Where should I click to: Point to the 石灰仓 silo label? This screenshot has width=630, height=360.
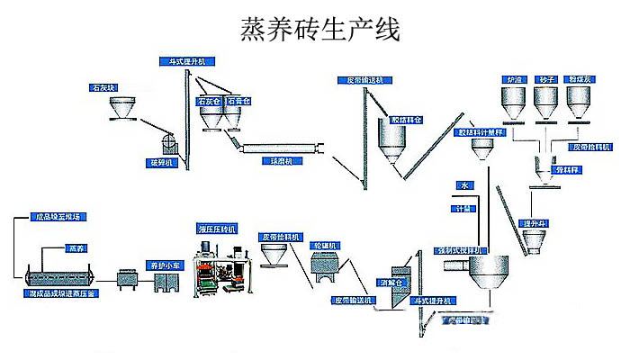coord(209,102)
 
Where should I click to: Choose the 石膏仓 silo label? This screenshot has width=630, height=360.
coord(238,102)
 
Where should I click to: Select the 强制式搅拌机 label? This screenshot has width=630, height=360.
coord(461,249)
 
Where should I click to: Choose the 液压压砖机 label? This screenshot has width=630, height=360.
coord(215,229)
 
